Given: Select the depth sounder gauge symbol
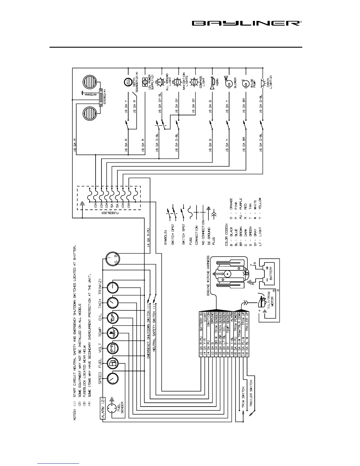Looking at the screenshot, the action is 128,82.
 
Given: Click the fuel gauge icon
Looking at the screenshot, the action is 113,364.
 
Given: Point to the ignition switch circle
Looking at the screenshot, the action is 113,259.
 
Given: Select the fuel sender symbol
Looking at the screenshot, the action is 112,409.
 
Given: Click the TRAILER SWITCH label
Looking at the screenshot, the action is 251,393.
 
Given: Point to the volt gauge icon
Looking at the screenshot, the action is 113,348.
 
